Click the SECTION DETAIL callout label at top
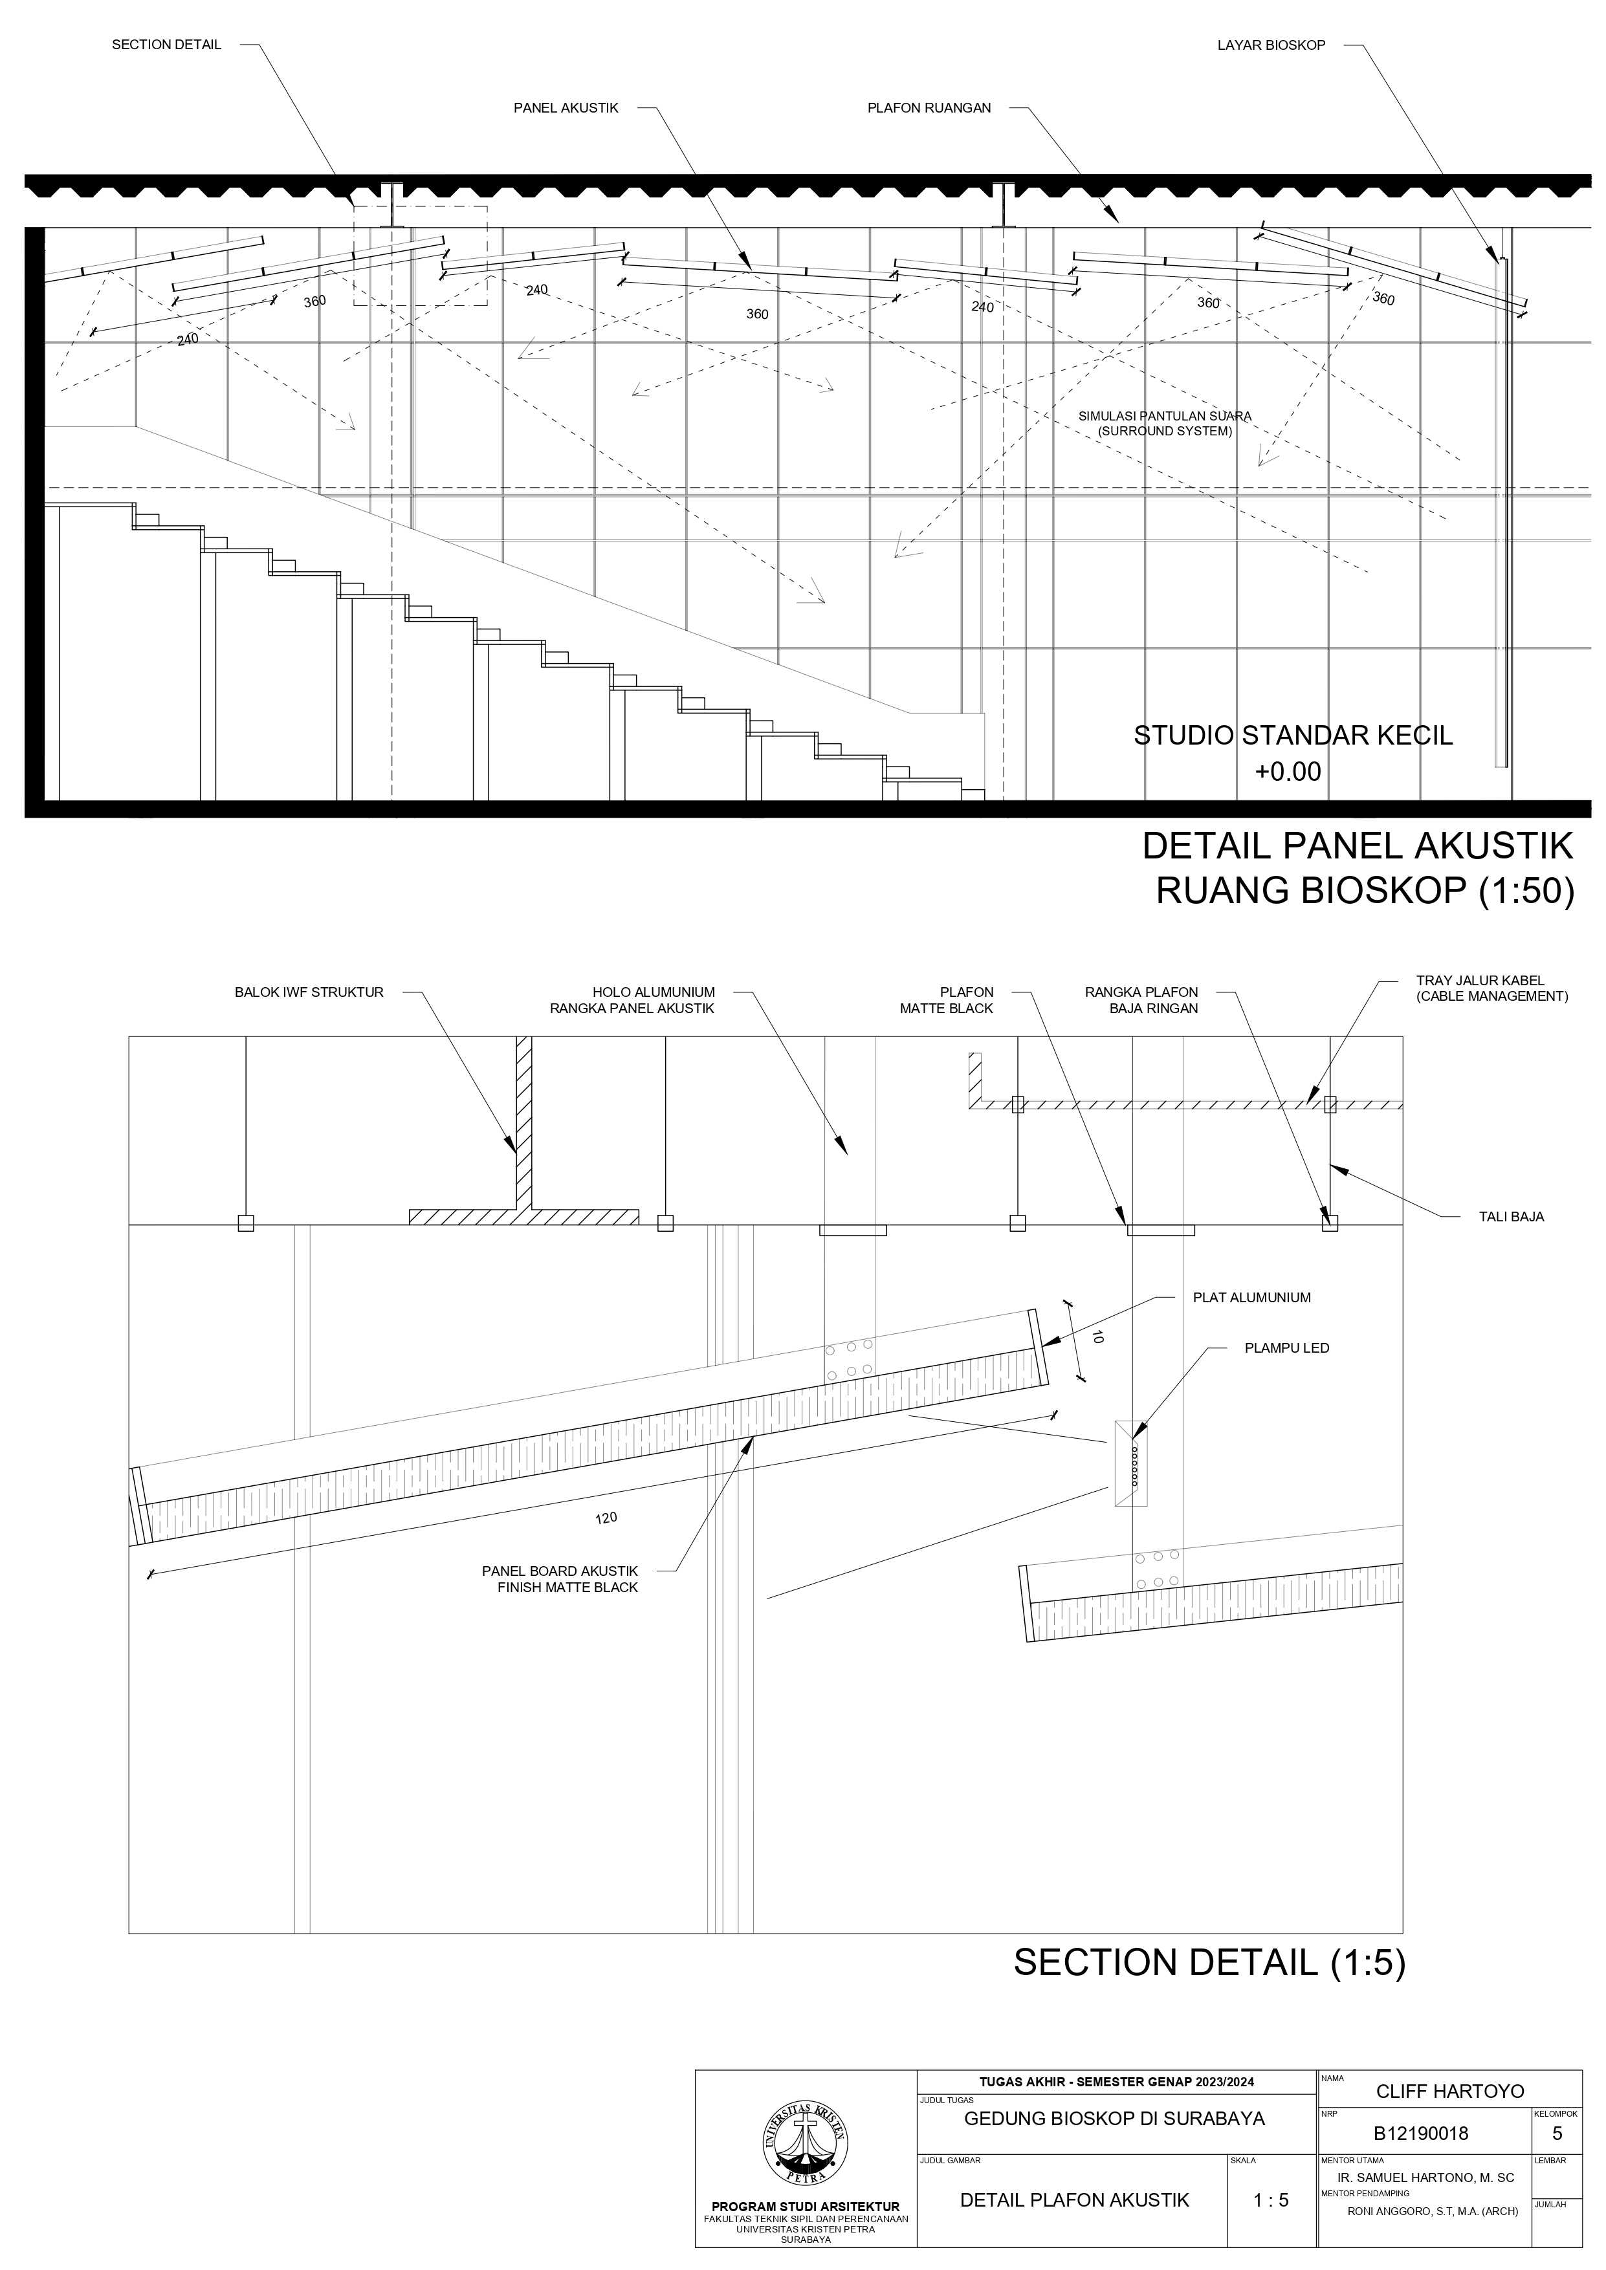point(166,45)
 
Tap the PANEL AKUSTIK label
point(566,108)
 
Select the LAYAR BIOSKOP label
point(1271,45)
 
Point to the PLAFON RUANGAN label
point(929,108)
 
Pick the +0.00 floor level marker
point(1288,772)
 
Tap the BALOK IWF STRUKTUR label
point(309,992)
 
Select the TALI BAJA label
point(1511,1217)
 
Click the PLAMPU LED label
point(1286,1348)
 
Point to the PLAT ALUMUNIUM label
point(1251,1297)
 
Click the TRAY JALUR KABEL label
point(1491,988)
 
